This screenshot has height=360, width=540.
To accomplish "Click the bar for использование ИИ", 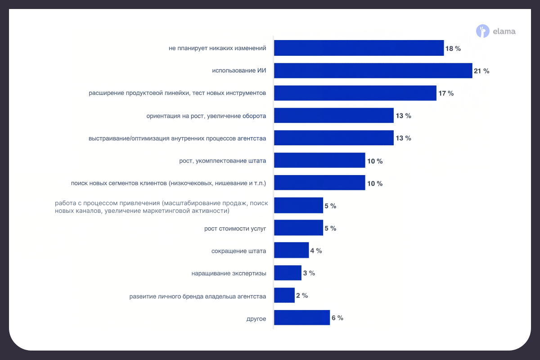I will (x=373, y=71).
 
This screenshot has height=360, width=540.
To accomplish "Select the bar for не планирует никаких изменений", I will (x=359, y=48).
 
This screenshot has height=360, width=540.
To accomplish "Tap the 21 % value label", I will (x=481, y=71).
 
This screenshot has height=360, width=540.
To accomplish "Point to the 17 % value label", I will (x=446, y=93).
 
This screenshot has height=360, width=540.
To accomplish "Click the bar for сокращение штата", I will (x=291, y=251).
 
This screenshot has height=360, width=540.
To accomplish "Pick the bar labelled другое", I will (x=301, y=318).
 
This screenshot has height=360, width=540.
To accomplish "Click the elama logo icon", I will (x=482, y=31).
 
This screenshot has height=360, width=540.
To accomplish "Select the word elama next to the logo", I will (x=504, y=31).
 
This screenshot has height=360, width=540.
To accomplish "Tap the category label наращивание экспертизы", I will (x=229, y=273).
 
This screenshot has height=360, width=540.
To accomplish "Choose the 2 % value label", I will (x=302, y=295).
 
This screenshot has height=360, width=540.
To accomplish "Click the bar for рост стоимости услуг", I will (x=298, y=228).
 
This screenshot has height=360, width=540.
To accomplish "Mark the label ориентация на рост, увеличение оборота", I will (x=206, y=116).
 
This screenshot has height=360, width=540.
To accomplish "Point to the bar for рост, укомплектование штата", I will (x=319, y=161).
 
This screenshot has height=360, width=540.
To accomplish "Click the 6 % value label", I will (x=337, y=318).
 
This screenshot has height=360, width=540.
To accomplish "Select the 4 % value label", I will (x=316, y=251).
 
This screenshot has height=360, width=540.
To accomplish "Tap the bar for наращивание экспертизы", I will (x=288, y=273).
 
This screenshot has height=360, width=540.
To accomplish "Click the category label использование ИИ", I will (x=239, y=71).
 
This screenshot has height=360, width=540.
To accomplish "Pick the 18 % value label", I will (x=453, y=48).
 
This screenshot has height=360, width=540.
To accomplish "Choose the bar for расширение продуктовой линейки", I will (x=355, y=93).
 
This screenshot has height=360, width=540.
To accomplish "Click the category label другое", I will (x=256, y=319).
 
